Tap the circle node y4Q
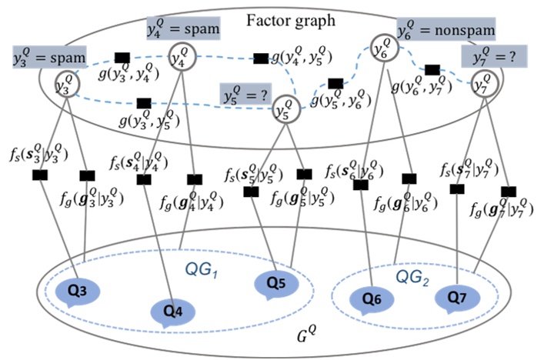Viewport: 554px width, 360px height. (182, 57)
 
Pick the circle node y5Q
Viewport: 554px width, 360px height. (285, 109)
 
